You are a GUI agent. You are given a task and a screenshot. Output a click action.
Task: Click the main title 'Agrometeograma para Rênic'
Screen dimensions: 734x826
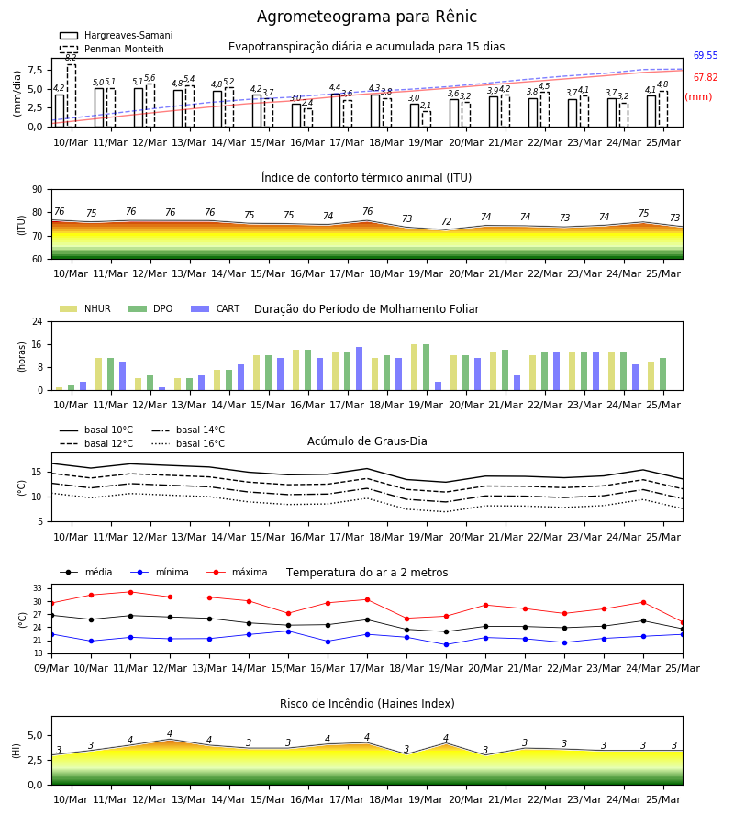pyautogui.click(x=366, y=17)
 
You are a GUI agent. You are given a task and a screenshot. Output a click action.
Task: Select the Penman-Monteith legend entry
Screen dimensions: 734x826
pyautogui.click(x=112, y=49)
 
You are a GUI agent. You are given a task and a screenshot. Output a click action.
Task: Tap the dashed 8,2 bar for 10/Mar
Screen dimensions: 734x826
pyautogui.click(x=72, y=95)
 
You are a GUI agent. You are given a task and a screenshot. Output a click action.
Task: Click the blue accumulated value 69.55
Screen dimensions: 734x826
pyautogui.click(x=706, y=55)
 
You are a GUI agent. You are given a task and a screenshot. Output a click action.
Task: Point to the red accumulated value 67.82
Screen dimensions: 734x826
pyautogui.click(x=706, y=77)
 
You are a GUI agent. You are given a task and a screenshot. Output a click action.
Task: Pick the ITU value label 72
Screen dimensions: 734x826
pyautogui.click(x=447, y=221)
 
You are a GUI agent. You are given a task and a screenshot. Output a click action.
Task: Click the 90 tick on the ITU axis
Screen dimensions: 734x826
pyautogui.click(x=38, y=190)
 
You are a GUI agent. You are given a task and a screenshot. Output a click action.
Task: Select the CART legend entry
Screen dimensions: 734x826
pyautogui.click(x=216, y=308)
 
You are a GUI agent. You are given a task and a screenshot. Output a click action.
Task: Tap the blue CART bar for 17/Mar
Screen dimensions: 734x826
pyautogui.click(x=359, y=369)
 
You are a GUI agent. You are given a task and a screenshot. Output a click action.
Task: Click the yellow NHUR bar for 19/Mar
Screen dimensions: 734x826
pyautogui.click(x=415, y=367)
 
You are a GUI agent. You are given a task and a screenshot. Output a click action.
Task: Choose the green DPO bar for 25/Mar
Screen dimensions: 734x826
pyautogui.click(x=663, y=374)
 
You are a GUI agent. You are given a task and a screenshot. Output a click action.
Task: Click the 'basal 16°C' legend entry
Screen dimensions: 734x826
pyautogui.click(x=188, y=443)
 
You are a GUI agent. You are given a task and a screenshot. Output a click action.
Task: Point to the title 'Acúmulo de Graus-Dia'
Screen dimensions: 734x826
pyautogui.click(x=367, y=441)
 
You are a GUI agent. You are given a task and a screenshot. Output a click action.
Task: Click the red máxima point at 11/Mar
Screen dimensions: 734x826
pyautogui.click(x=130, y=592)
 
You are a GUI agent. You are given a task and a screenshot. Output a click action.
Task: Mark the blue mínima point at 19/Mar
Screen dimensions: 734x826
pyautogui.click(x=447, y=645)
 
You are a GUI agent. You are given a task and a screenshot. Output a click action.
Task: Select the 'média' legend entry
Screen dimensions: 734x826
pyautogui.click(x=86, y=572)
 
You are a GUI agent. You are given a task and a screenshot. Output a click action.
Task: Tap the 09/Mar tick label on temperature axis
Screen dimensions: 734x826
pyautogui.click(x=51, y=668)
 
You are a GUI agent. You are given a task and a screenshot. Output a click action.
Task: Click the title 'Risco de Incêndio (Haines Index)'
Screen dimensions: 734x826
pyautogui.click(x=367, y=704)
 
